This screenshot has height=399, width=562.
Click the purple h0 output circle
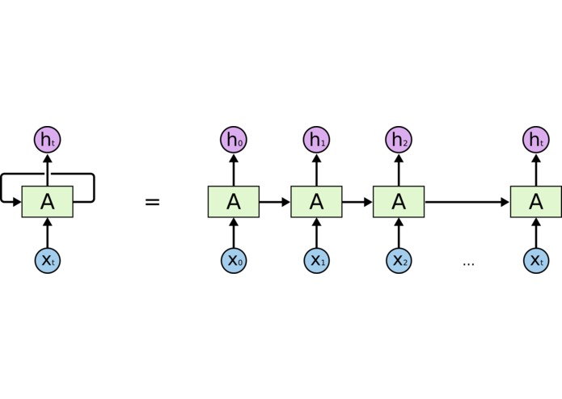tap(234, 140)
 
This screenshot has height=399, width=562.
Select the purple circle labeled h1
tap(316, 140)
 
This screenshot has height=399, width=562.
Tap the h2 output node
tap(399, 140)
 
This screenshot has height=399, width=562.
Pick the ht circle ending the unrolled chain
tap(536, 140)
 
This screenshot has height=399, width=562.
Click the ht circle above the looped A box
tap(48, 140)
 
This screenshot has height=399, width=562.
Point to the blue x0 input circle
tap(234, 260)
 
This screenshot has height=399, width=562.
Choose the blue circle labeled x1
tap(316, 260)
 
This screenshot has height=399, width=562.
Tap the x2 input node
tap(399, 260)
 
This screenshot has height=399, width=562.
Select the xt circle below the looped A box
tap(48, 260)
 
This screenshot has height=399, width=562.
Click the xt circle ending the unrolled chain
tap(536, 260)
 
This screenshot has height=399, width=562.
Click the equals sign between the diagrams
tap(152, 202)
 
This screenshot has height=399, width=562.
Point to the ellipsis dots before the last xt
tap(468, 263)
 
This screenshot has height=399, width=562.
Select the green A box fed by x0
tap(234, 202)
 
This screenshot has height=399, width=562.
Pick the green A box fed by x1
tap(316, 202)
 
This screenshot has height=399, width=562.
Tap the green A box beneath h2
tap(399, 202)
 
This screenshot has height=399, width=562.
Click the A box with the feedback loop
tap(48, 202)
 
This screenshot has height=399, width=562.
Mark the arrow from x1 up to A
tap(316, 233)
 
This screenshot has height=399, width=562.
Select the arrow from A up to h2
tap(399, 170)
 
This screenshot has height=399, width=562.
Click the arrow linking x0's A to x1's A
tap(275, 202)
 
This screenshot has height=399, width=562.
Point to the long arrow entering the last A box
tap(467, 202)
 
